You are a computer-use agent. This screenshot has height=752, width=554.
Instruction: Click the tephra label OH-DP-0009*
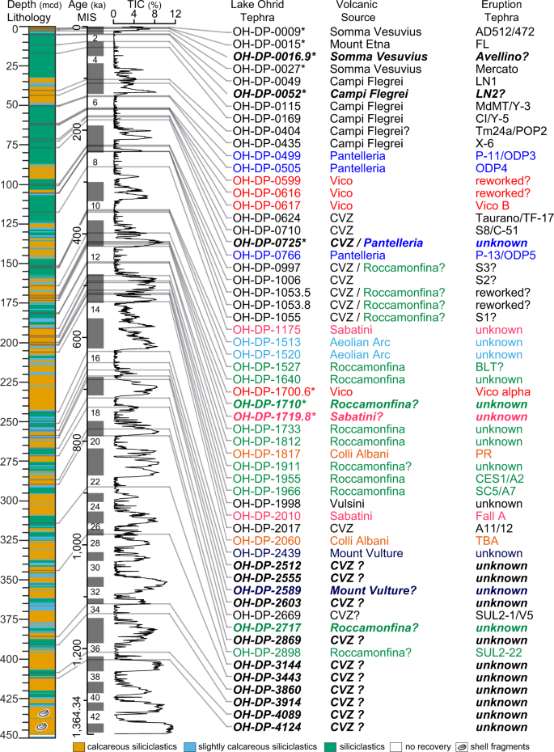(x=269, y=32)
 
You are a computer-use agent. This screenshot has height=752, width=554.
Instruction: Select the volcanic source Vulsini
(x=349, y=504)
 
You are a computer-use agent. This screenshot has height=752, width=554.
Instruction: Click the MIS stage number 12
(x=95, y=257)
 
